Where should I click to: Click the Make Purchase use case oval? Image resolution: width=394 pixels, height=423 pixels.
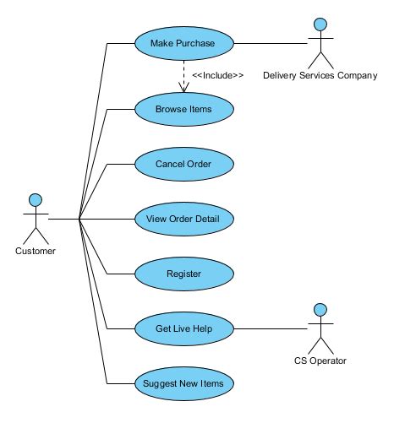(x=183, y=42)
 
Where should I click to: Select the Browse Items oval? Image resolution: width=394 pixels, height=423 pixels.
(x=183, y=109)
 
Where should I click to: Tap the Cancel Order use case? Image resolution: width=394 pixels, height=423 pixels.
(x=183, y=163)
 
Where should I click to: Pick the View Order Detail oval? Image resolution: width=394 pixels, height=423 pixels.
(x=183, y=219)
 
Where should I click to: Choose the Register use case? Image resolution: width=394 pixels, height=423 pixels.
(x=183, y=274)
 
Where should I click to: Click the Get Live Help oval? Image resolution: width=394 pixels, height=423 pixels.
(x=183, y=328)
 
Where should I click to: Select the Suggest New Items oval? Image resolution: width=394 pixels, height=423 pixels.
(x=183, y=383)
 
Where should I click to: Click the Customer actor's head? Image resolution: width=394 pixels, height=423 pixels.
(x=36, y=200)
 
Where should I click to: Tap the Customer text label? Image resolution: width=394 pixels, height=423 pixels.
(x=36, y=251)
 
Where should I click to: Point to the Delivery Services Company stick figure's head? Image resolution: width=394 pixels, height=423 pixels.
(x=320, y=24)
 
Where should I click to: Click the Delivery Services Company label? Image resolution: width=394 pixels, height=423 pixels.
(x=320, y=75)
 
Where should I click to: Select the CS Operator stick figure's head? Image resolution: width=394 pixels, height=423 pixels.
(x=320, y=309)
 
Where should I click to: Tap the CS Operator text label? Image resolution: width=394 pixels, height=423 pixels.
(x=320, y=361)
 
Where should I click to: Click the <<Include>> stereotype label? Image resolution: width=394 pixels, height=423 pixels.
(x=217, y=75)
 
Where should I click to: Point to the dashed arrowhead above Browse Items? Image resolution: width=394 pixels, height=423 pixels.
(x=183, y=89)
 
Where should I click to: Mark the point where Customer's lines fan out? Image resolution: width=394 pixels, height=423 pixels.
(x=79, y=219)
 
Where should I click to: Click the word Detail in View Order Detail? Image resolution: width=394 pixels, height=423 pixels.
(x=213, y=219)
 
